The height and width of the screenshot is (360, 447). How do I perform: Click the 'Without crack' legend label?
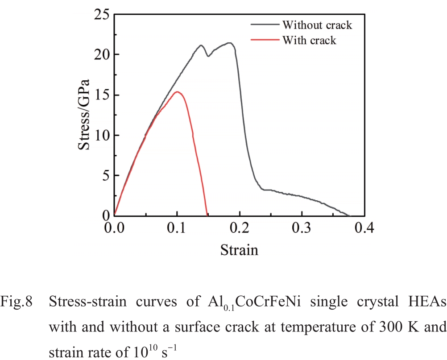pyautogui.click(x=317, y=25)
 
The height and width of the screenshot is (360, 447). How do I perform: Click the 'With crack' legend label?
pyautogui.click(x=309, y=40)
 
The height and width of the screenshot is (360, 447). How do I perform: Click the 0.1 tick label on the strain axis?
pyautogui.click(x=177, y=228)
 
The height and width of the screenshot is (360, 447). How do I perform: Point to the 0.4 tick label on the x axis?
pyautogui.click(x=364, y=228)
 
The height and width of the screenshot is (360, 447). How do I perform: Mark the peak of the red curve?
pyautogui.click(x=177, y=92)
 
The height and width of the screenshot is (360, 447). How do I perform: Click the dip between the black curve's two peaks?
pyautogui.click(x=208, y=56)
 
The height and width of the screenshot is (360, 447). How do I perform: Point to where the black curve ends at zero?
pyautogui.click(x=349, y=215)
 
